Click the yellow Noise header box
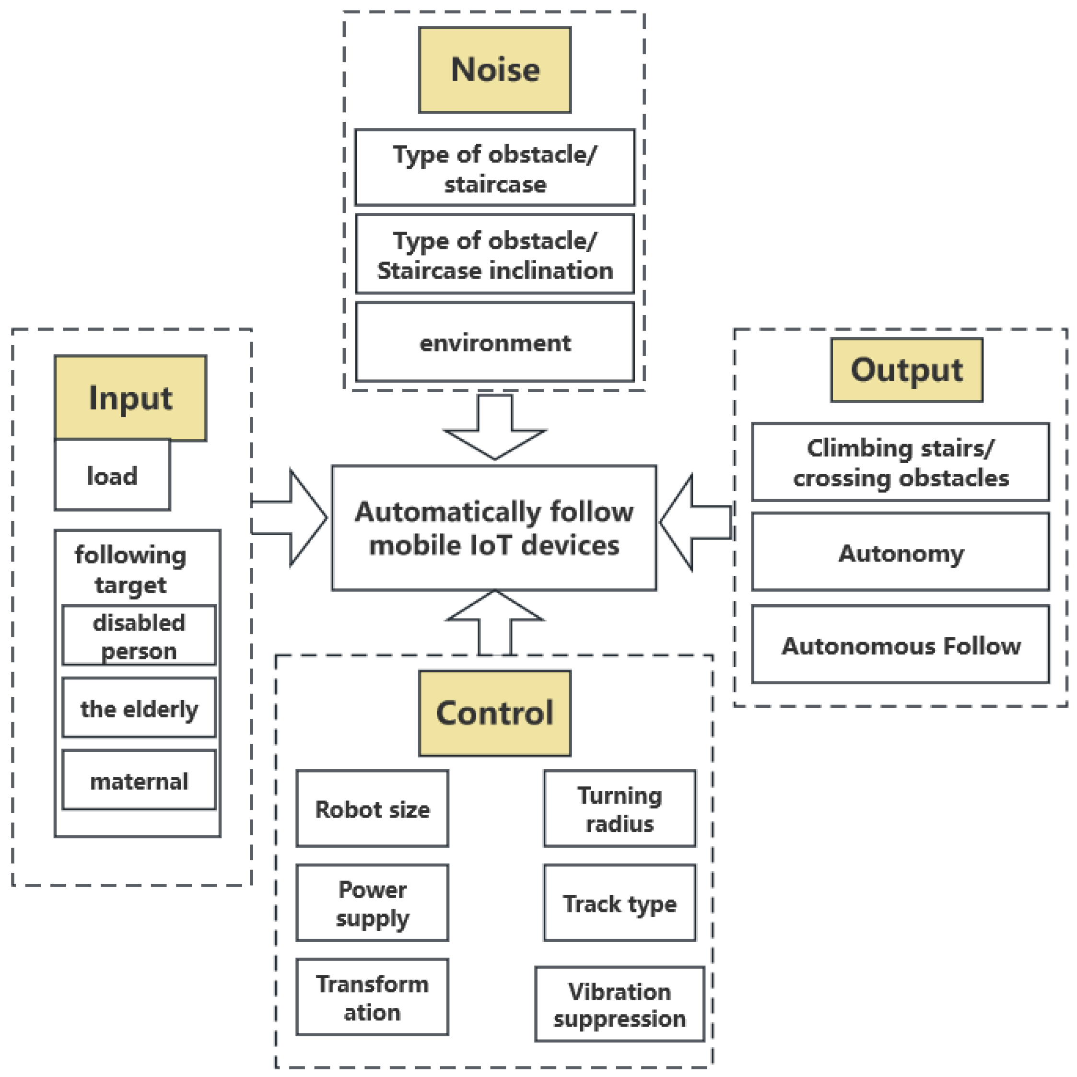pos(494,70)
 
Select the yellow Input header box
pos(130,398)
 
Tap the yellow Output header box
pos(906,370)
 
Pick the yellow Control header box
pos(494,713)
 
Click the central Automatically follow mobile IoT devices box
pos(494,527)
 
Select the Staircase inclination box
pos(494,254)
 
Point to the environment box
pos(494,342)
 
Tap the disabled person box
pos(139,635)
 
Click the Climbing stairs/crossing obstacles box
pos(900,462)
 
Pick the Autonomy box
pos(900,552)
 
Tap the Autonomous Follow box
pos(900,644)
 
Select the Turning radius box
pos(620,809)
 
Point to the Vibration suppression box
pos(620,1005)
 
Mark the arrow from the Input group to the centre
pos(295,518)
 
